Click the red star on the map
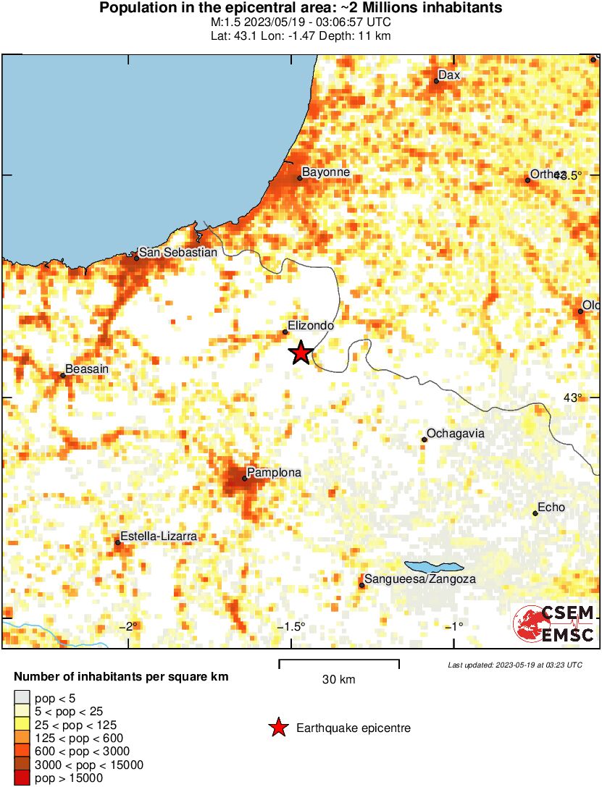tap(301, 353)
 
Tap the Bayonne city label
tap(325, 172)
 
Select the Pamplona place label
tap(274, 472)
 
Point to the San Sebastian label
tap(177, 252)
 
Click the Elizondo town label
tap(311, 326)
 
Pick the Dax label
tap(449, 75)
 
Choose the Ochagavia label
tap(455, 434)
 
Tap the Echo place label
tap(551, 508)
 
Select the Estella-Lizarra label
tap(158, 536)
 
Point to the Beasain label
tap(87, 369)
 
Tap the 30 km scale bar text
tap(338, 679)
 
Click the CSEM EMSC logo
tap(553, 623)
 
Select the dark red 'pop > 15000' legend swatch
tap(22, 778)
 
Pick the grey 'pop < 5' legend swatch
tap(22, 698)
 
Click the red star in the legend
tap(277, 728)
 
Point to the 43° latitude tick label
tap(572, 397)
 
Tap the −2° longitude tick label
tap(129, 626)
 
